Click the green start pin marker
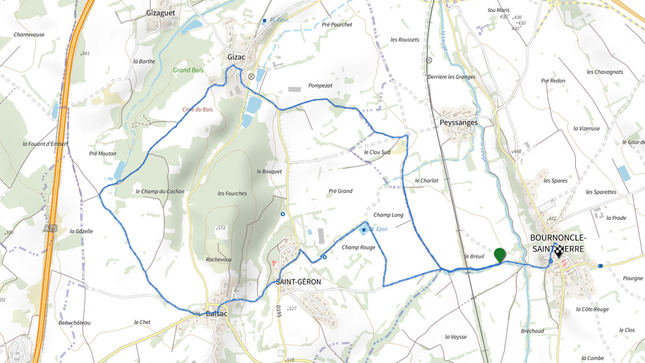(499, 255)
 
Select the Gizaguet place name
(161, 12)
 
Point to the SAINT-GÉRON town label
(298, 282)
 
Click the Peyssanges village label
(459, 123)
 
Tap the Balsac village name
(217, 314)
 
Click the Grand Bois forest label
(188, 70)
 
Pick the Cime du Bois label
(198, 110)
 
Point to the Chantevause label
(29, 34)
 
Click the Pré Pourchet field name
(337, 25)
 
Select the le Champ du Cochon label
(159, 192)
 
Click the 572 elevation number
(221, 228)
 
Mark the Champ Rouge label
(358, 247)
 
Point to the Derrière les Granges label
(451, 77)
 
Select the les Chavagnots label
(604, 72)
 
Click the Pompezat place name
(320, 86)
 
